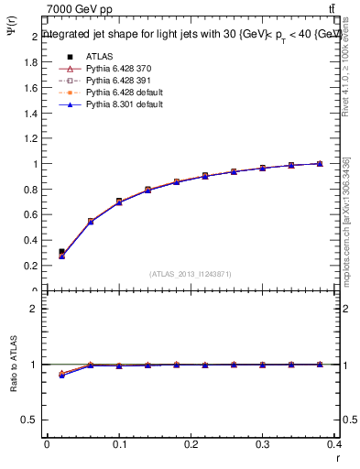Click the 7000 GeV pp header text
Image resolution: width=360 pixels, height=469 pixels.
[x=80, y=9]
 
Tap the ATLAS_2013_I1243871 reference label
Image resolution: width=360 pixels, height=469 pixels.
[x=191, y=274]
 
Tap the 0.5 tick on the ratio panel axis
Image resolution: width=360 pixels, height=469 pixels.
[x=31, y=420]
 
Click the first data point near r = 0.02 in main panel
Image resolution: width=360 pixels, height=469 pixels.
[x=61, y=254]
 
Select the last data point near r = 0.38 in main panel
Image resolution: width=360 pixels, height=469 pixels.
[x=320, y=163]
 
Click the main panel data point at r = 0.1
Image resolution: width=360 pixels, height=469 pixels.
[x=119, y=202]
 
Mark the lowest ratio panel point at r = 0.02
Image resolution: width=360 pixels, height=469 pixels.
[x=61, y=376]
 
